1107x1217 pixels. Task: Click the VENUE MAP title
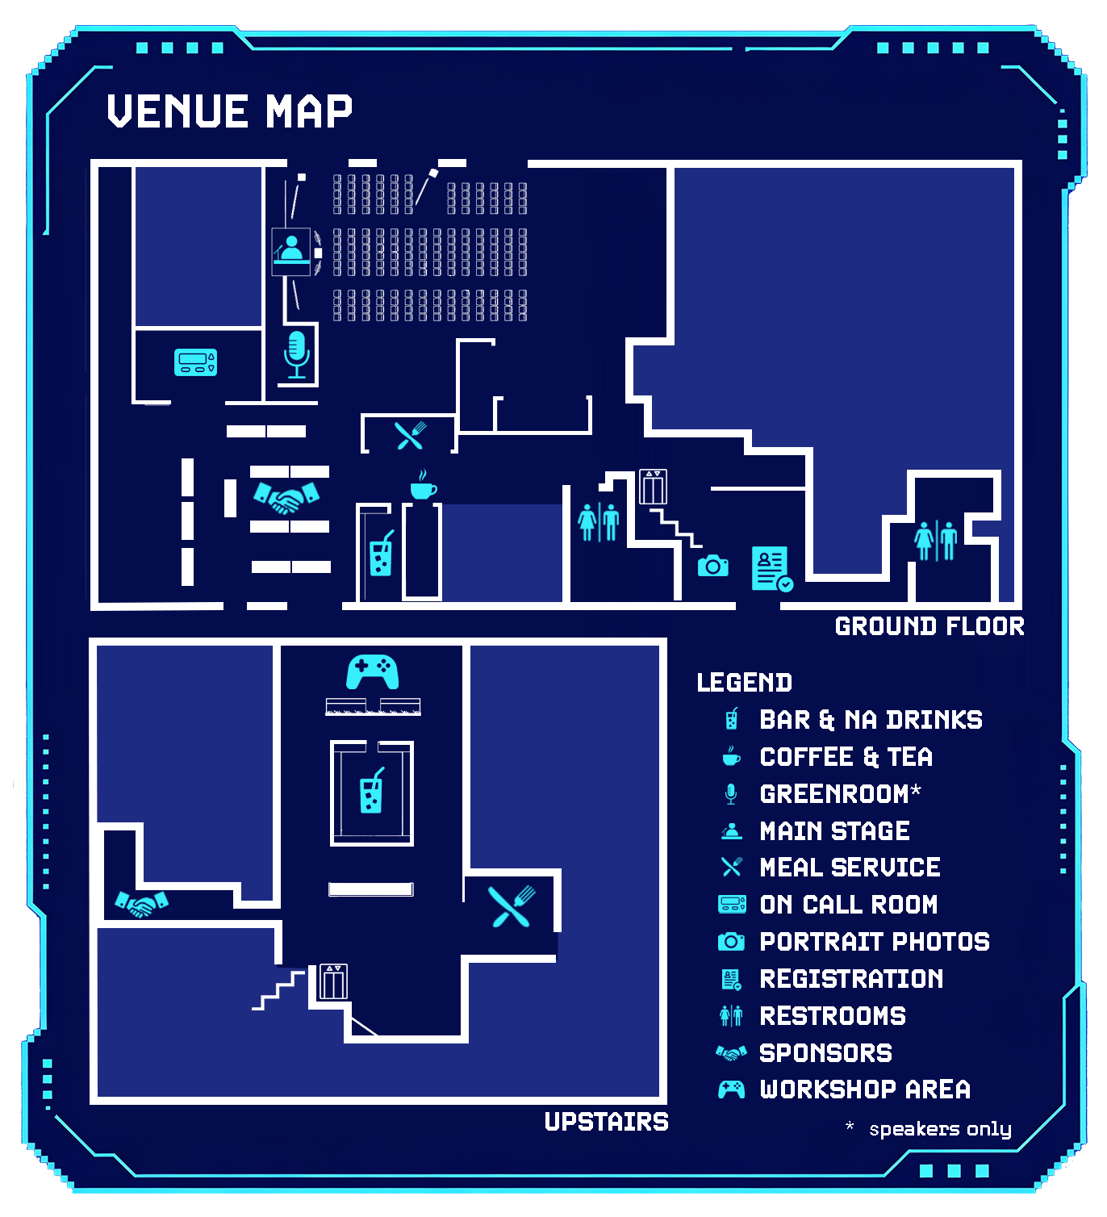point(229,111)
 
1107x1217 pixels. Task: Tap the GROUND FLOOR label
point(929,627)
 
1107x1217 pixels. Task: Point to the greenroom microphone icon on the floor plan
point(297,355)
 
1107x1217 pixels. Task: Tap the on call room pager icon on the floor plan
point(195,362)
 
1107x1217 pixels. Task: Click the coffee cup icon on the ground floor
point(424,485)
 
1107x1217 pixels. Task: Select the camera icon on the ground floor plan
point(712,566)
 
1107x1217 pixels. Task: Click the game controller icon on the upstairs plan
point(373,672)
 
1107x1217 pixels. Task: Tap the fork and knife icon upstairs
point(512,906)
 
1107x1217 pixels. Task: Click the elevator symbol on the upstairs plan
point(333,981)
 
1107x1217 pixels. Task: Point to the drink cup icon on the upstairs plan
point(371,790)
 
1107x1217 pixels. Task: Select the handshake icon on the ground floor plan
point(286,497)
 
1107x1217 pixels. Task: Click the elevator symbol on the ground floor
point(653,487)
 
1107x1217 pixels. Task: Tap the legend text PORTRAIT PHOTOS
point(874,942)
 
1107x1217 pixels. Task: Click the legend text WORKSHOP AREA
point(865,1089)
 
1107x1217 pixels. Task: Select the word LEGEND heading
point(744,683)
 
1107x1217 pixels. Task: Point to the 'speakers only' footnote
point(940,1129)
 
